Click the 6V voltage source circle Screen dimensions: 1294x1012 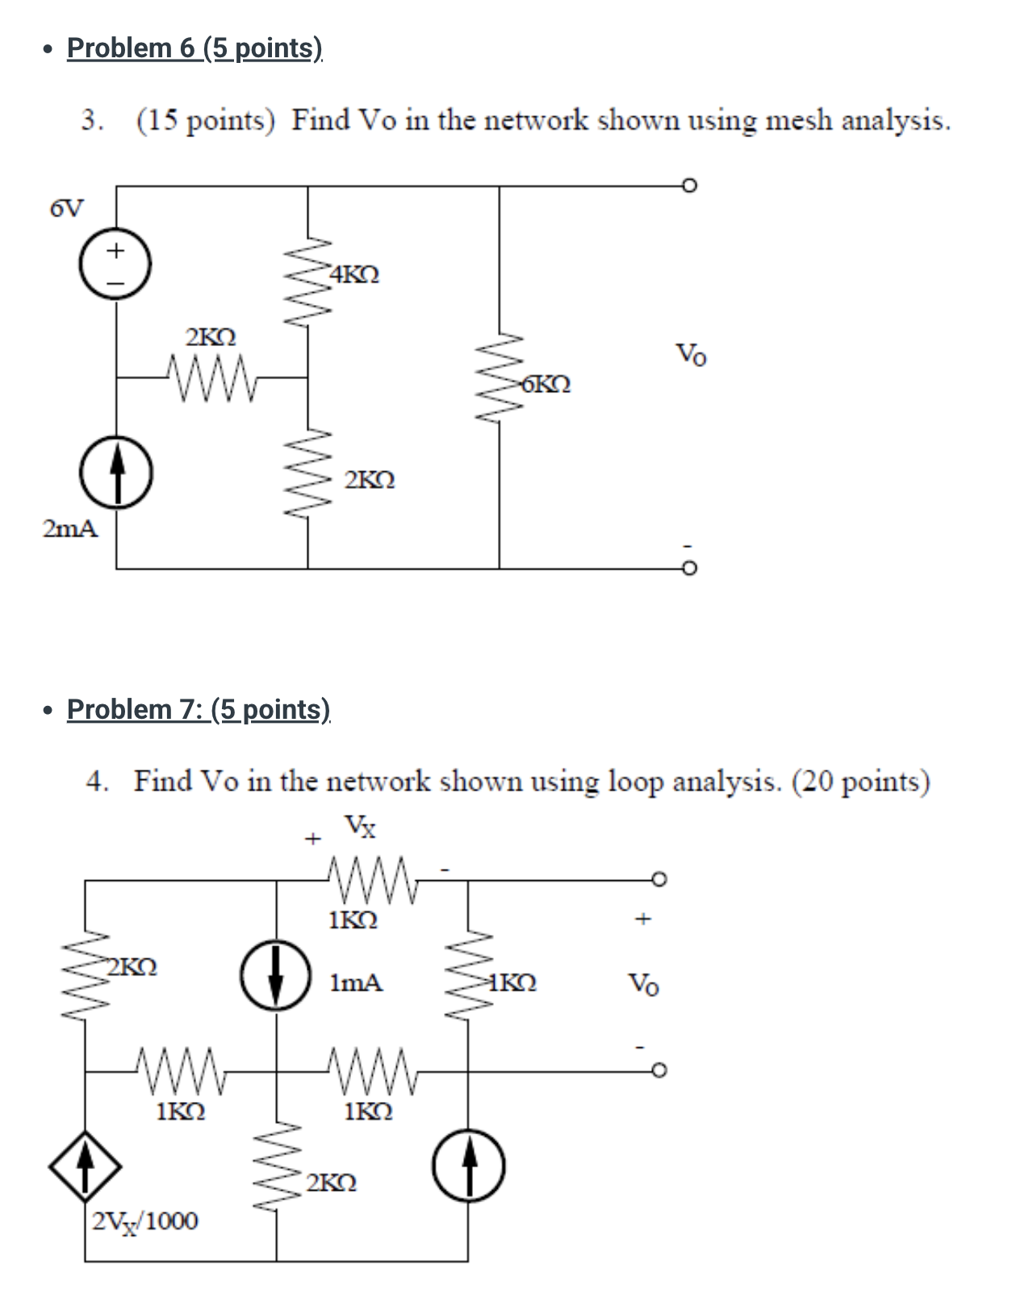tap(115, 264)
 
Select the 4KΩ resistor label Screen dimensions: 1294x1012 tap(353, 274)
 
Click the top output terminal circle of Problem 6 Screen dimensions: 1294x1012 tap(688, 186)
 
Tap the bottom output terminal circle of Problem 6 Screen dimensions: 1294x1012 tap(688, 569)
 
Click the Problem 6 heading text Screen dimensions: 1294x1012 tap(194, 48)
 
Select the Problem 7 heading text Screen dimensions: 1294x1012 tap(199, 709)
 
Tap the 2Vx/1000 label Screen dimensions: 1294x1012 tap(144, 1221)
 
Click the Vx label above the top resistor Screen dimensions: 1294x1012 tap(361, 826)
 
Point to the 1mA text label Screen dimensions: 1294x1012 tap(356, 983)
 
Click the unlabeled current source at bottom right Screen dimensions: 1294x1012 tap(469, 1166)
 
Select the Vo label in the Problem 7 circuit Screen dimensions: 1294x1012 tap(643, 983)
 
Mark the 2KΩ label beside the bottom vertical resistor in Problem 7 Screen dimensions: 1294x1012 tap(332, 1183)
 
